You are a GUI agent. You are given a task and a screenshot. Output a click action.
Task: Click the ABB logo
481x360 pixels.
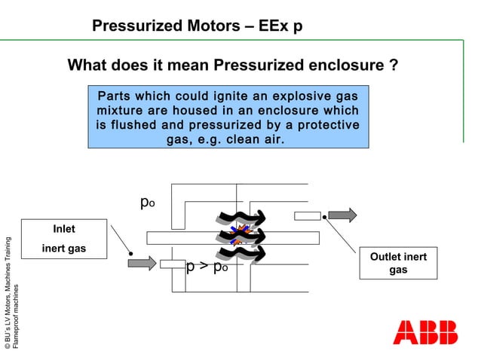click(x=424, y=332)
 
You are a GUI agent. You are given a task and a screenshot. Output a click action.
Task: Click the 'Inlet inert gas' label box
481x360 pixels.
click(x=63, y=239)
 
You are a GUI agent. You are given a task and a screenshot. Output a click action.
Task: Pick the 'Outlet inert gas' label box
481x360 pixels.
click(x=397, y=263)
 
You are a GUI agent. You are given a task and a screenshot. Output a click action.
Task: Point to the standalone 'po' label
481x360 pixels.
click(x=148, y=203)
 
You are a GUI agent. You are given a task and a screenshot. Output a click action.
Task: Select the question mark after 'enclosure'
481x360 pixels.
click(x=394, y=66)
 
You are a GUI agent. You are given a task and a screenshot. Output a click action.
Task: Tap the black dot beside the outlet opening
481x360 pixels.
click(x=323, y=218)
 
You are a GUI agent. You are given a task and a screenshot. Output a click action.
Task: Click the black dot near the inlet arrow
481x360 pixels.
click(x=131, y=254)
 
